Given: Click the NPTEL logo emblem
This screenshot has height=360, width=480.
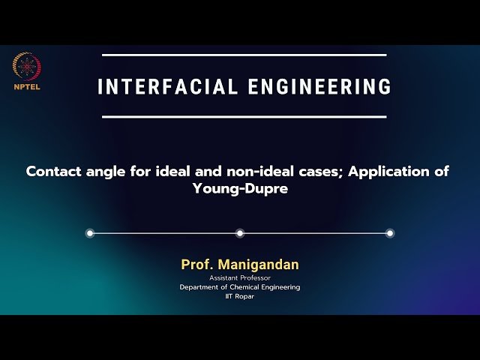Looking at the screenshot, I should point(26,66).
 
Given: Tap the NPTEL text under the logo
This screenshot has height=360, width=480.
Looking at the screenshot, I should point(26,85).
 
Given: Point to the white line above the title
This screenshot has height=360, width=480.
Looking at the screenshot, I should point(244,55).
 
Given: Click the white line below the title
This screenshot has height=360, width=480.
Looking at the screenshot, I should point(244,117).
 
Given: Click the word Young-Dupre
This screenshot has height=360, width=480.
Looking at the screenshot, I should point(240,190).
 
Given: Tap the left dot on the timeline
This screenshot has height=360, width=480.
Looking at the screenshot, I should point(90,233).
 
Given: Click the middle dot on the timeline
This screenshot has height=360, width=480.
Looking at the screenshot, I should point(240,233).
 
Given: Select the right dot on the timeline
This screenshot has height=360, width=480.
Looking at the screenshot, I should point(390,233).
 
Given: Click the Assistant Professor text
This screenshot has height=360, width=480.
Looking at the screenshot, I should point(240,278).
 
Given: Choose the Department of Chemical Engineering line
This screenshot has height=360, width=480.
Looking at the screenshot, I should point(240,287).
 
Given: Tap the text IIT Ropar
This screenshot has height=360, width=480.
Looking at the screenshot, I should point(240,296).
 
